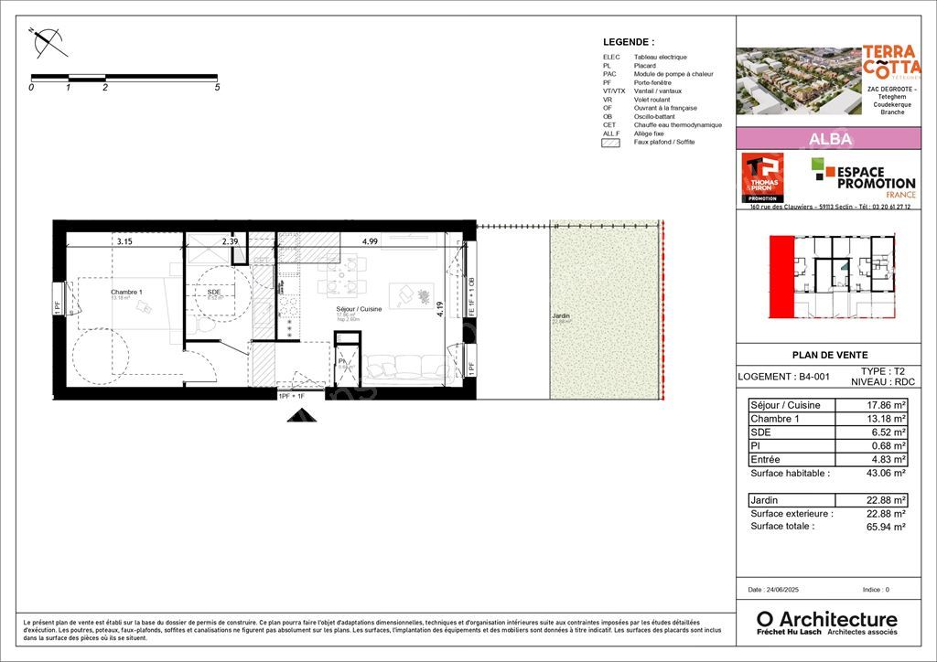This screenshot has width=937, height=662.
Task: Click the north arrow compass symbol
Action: pos(47,40)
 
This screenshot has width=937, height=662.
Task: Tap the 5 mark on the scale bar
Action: pos(217,88)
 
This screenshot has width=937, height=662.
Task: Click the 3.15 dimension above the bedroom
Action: pos(124,241)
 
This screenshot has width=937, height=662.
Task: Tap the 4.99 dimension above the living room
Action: pos(370,241)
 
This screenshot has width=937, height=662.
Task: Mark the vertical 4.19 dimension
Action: pos(440,310)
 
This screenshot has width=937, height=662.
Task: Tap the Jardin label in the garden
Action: pos(561,316)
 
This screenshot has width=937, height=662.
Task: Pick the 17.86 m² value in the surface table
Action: pos(886,405)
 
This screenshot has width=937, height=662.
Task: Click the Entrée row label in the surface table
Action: pos(767,460)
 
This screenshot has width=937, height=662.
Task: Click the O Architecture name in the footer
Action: pos(826,619)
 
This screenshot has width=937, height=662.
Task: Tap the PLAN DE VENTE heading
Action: pos(829,356)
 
